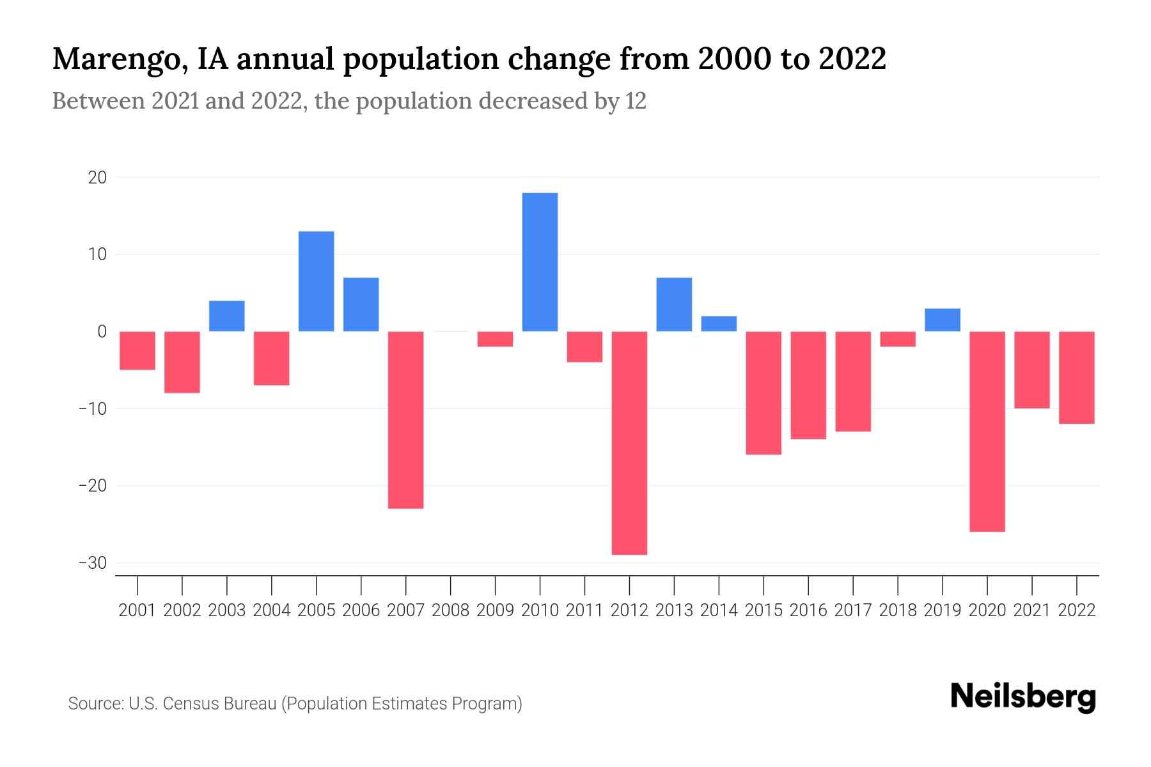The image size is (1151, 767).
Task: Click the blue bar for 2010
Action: coord(540,262)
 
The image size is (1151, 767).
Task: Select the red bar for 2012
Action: coord(629,442)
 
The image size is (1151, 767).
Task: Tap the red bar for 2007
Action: coord(405,419)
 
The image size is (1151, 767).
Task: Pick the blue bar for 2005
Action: coord(317,281)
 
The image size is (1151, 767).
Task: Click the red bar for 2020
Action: coord(987,431)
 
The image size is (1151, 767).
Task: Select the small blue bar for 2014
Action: coord(719,323)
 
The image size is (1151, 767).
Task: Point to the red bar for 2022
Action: coord(1077,377)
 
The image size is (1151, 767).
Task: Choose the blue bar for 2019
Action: coord(943,320)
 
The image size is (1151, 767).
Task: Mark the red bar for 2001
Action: coord(137,350)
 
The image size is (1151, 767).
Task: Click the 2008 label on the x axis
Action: coord(450,610)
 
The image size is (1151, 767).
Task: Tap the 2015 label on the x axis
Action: coord(763,610)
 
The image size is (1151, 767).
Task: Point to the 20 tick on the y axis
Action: coord(97,178)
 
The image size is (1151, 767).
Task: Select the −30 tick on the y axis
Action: coord(92,563)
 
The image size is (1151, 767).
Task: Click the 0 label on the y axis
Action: coord(102,332)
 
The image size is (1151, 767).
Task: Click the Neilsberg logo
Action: coord(1023,697)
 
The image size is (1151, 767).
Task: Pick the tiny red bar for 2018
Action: coord(898,339)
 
